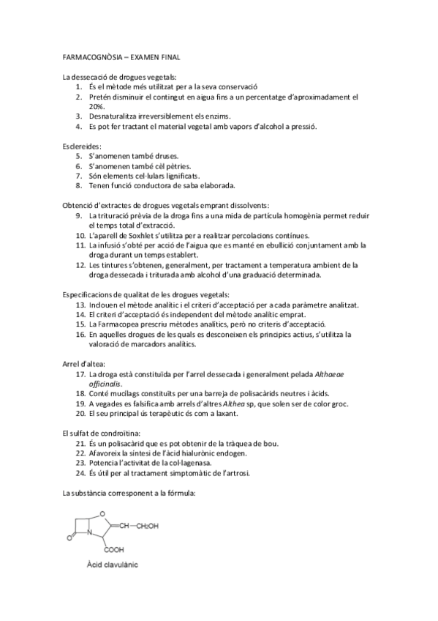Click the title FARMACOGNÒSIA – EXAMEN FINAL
pyautogui.click(x=121, y=56)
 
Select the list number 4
pyautogui.click(x=80, y=126)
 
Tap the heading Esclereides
pyautogui.click(x=83, y=146)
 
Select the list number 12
pyautogui.click(x=81, y=265)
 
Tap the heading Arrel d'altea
pyautogui.click(x=84, y=363)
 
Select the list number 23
pyautogui.click(x=81, y=463)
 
